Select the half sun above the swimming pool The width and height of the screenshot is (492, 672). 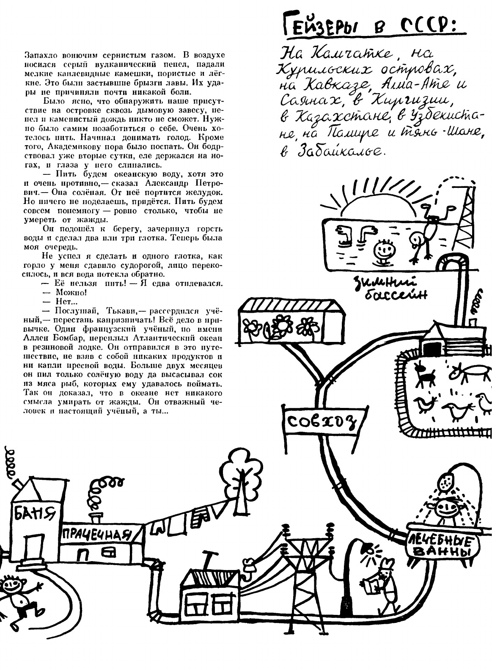(x=371, y=205)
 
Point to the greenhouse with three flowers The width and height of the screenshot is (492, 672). (x=292, y=322)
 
